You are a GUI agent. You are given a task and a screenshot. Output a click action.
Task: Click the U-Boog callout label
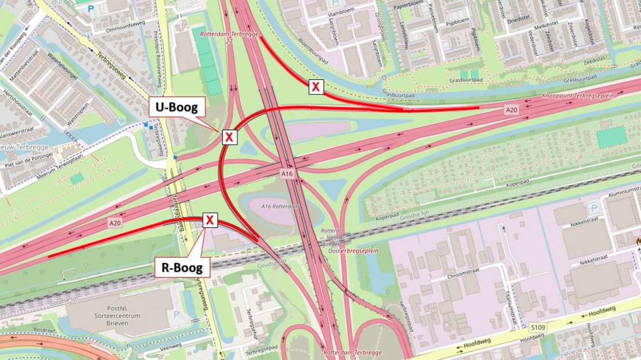177,107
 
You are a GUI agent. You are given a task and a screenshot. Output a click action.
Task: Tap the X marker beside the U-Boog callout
229,137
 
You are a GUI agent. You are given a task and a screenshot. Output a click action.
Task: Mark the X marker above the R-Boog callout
210,221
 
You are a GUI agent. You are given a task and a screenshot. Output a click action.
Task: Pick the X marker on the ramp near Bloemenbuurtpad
315,87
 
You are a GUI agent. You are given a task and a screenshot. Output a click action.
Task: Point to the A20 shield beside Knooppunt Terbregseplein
511,109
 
